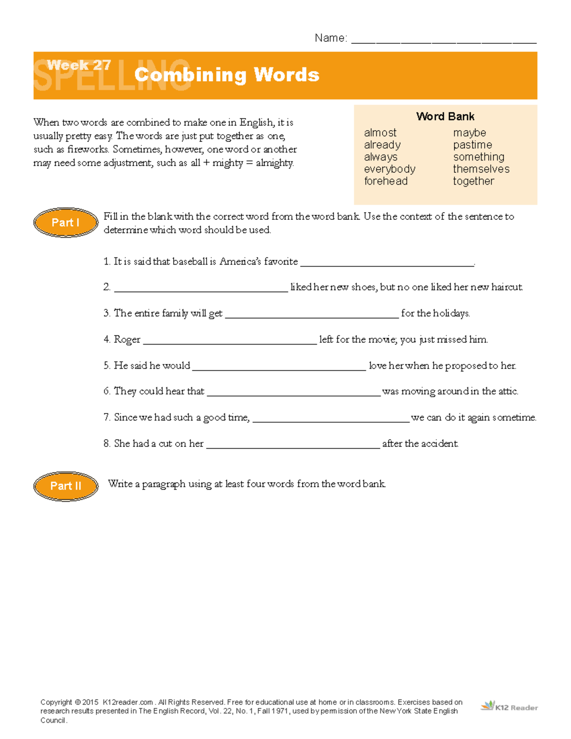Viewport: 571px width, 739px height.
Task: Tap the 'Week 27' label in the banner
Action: click(x=79, y=65)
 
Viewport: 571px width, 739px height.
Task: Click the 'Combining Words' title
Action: click(x=226, y=75)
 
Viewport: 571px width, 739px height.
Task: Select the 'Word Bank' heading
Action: click(x=445, y=117)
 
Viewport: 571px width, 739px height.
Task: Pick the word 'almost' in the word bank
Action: click(x=380, y=133)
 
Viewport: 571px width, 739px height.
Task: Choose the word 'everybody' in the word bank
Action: click(x=389, y=169)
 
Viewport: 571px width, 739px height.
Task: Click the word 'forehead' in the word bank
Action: click(x=385, y=181)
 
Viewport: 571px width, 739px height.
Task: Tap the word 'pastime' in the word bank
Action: click(x=472, y=145)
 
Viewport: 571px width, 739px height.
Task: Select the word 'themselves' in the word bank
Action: click(x=481, y=169)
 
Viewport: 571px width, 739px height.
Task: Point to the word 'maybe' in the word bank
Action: click(x=469, y=133)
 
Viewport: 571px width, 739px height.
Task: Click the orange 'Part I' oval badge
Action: click(x=66, y=223)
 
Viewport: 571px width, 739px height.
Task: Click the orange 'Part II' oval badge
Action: click(x=66, y=486)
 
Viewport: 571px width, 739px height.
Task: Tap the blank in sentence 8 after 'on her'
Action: click(x=293, y=445)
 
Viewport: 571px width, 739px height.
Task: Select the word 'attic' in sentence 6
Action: click(x=507, y=391)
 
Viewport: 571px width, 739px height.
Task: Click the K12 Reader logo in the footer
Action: click(x=509, y=707)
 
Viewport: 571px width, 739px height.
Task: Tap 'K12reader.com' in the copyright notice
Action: click(x=128, y=702)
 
